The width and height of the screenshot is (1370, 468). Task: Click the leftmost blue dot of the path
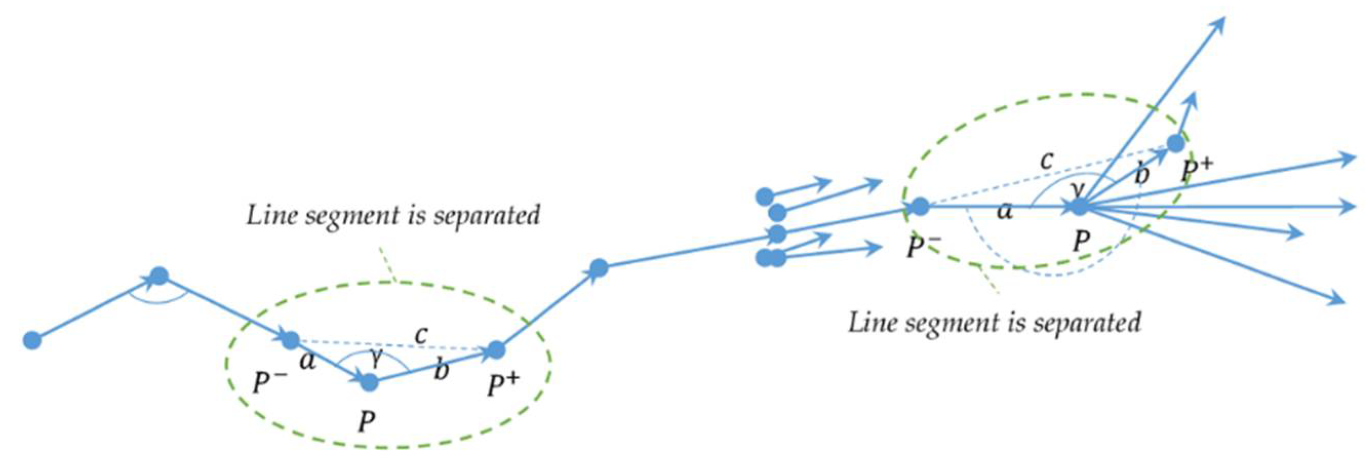click(32, 340)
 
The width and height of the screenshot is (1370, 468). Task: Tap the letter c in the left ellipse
click(421, 335)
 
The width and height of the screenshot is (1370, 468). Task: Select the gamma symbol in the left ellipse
click(376, 360)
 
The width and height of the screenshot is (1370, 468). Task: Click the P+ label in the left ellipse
click(503, 385)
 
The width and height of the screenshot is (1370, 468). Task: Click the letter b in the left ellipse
click(441, 370)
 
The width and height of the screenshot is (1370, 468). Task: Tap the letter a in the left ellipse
click(307, 362)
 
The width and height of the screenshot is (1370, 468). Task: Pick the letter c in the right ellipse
click(1047, 161)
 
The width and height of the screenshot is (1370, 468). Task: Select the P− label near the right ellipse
click(924, 246)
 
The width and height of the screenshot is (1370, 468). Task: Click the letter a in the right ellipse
click(1005, 211)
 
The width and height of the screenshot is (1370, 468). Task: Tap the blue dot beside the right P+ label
click(1176, 143)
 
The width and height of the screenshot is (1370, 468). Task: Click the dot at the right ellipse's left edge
click(920, 206)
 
